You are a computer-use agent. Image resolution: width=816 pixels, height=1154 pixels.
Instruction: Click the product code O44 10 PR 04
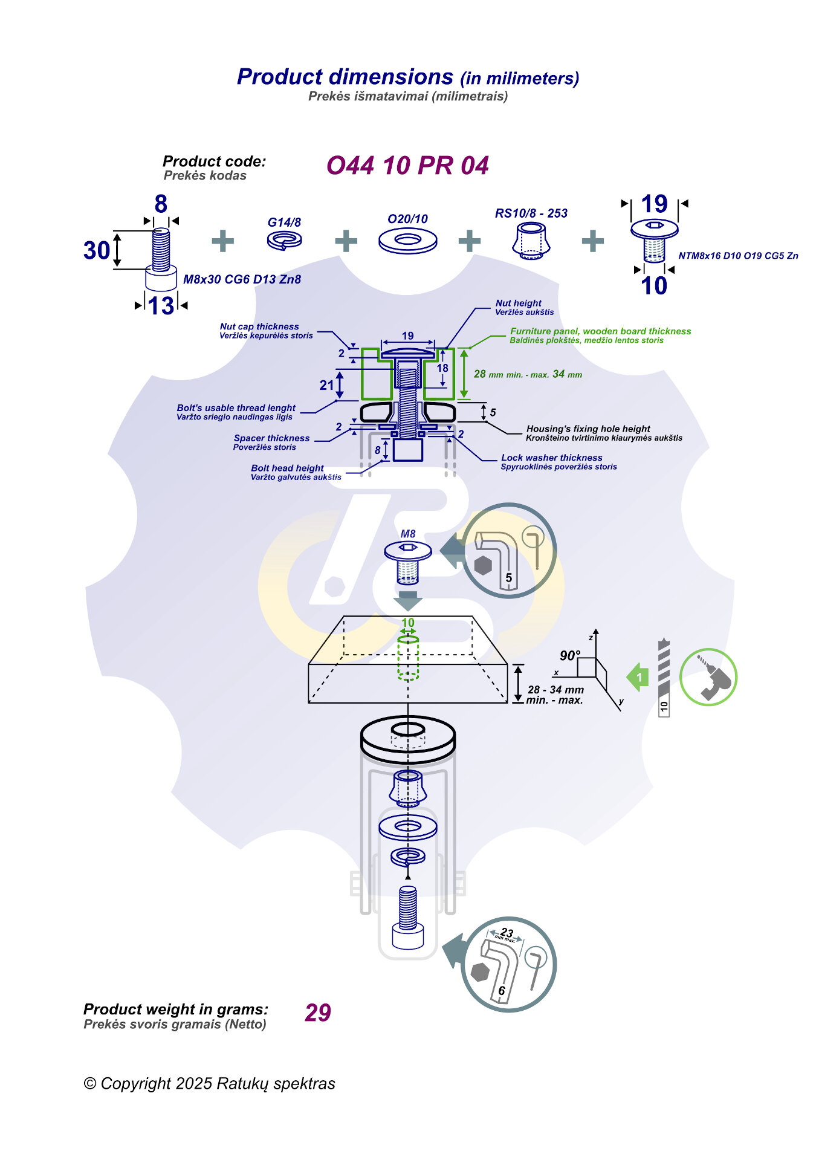point(407,166)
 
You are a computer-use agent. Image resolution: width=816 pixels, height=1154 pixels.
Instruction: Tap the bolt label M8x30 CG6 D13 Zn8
point(242,279)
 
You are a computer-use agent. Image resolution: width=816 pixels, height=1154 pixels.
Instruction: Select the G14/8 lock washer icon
point(285,241)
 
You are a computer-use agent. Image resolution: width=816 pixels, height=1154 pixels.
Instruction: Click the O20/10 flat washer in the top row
point(407,241)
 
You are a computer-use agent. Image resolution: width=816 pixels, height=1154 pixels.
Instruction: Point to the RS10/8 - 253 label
point(531,213)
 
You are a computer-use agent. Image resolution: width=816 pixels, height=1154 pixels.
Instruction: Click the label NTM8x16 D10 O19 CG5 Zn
point(738,256)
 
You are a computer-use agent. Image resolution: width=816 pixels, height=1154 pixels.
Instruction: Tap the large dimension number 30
point(97,250)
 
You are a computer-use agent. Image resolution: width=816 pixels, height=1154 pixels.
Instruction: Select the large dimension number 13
point(161,306)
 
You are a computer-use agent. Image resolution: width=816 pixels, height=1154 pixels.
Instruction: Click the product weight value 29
point(318,1013)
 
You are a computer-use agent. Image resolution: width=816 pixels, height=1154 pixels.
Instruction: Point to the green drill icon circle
point(708,677)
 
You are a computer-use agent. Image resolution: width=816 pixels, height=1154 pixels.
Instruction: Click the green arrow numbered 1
point(638,677)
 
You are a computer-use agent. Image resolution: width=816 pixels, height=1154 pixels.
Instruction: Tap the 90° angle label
point(569,656)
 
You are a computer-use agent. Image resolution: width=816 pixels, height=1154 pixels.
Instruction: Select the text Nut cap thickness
point(259,326)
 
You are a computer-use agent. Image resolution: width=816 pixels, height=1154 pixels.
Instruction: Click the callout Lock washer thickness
point(552,458)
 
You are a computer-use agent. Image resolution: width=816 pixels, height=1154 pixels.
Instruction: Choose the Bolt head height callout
point(287,468)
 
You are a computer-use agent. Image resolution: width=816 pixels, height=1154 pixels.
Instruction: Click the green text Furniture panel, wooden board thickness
point(600,331)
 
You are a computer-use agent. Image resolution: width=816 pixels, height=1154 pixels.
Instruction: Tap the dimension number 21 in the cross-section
point(326,385)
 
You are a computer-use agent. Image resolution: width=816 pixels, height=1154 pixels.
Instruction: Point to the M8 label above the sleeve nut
point(408,534)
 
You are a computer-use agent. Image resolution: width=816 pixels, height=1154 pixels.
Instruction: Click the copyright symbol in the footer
point(90,1084)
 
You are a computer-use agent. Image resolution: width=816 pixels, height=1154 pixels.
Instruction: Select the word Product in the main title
point(280,77)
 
